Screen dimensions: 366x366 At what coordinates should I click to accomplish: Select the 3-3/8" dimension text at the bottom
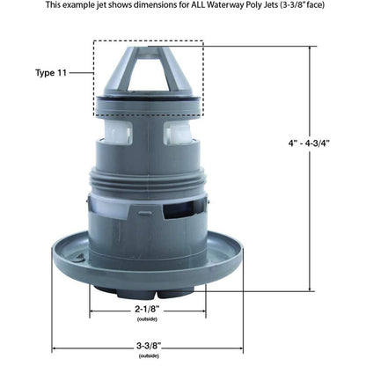pos(150,346)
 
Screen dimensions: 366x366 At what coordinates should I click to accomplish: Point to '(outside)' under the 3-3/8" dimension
pos(150,356)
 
